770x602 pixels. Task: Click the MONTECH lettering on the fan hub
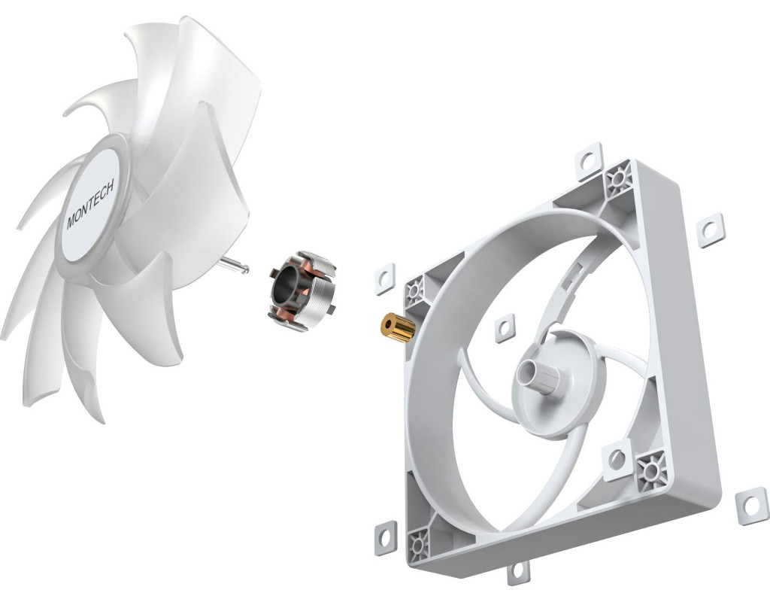90,203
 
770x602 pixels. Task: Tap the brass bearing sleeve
398,326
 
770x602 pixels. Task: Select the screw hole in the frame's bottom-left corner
418,544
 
